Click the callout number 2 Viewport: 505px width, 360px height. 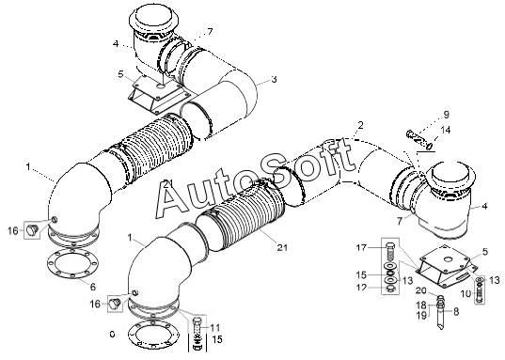point(360,125)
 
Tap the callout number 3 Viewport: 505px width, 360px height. point(274,79)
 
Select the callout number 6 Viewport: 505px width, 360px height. point(93,287)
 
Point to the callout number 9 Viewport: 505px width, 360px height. point(446,115)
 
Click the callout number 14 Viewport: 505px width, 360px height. point(446,130)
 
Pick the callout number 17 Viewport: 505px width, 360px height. point(361,247)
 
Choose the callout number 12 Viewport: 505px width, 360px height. point(361,287)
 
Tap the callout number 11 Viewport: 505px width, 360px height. point(214,328)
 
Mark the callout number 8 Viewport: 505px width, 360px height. point(456,311)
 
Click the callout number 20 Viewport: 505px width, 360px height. point(421,290)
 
